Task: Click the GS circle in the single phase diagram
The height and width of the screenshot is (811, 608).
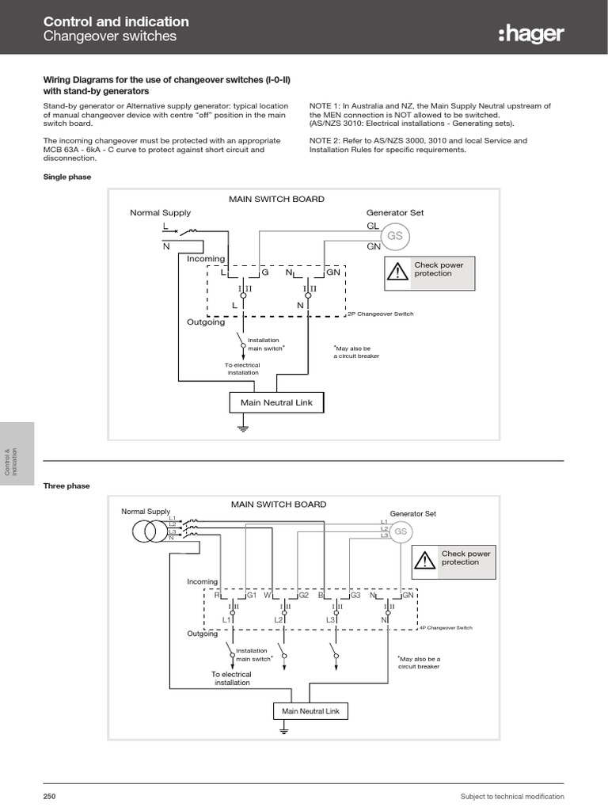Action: pos(394,236)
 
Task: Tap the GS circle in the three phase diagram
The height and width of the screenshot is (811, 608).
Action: pos(401,531)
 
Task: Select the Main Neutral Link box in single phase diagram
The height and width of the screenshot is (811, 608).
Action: pos(276,402)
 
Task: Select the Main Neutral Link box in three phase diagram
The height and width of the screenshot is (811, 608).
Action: pos(310,711)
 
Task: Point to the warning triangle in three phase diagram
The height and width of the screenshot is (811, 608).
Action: pos(425,561)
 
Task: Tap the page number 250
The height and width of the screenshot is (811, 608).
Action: pos(49,796)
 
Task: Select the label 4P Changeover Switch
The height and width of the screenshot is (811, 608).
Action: pos(445,626)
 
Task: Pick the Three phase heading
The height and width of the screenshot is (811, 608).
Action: pos(66,485)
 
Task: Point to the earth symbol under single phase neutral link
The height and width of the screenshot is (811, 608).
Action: pos(244,428)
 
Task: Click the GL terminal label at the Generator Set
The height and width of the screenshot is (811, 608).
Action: pos(371,226)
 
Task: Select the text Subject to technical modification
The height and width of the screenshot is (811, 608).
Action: pos(512,796)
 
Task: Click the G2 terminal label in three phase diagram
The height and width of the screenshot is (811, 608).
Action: pos(303,595)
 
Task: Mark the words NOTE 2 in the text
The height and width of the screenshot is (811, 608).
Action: pos(326,140)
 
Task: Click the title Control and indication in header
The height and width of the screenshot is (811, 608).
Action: pos(116,22)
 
